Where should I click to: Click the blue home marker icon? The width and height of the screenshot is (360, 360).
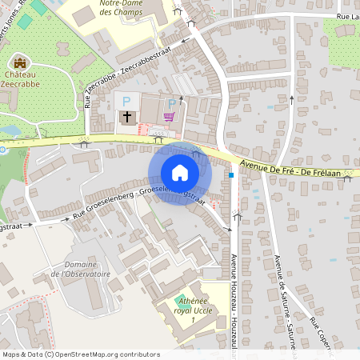[179, 173]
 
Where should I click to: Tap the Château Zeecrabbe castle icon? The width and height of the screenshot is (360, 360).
[20, 62]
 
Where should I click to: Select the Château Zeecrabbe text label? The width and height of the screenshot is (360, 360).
[22, 76]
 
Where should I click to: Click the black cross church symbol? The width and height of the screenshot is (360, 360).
[126, 118]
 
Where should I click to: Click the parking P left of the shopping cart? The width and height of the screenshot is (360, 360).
[170, 102]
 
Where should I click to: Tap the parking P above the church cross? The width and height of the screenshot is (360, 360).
[126, 102]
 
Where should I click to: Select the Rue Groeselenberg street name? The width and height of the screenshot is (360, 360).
[104, 204]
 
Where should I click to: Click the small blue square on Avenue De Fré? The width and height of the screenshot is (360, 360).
[231, 174]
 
